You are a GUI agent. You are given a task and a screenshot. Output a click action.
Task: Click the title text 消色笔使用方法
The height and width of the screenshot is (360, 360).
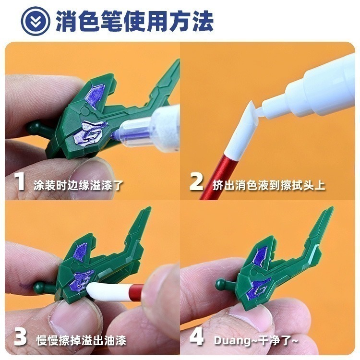tap(134, 22)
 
